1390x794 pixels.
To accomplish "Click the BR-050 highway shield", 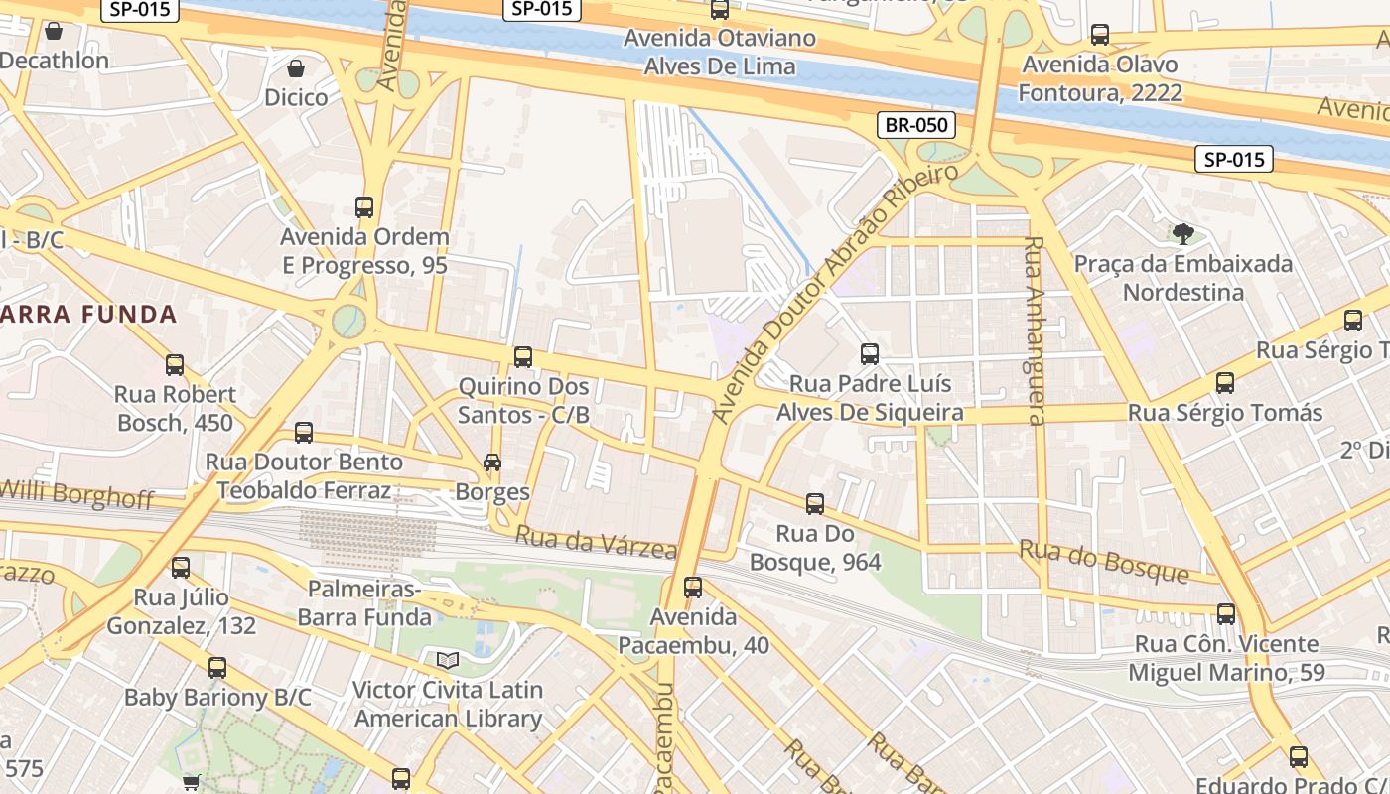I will click(916, 125).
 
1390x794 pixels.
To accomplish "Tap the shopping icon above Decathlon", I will click(54, 31).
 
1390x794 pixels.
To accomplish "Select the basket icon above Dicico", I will click(296, 68).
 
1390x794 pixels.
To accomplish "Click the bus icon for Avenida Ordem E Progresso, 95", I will click(364, 207).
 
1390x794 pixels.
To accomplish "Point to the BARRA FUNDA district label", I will click(88, 315).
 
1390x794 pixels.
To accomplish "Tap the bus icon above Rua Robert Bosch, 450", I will click(175, 364).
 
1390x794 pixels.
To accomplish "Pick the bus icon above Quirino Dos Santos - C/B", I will click(523, 356).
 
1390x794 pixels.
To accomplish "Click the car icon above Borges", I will click(491, 462).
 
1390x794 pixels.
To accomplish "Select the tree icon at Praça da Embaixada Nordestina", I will click(1182, 234).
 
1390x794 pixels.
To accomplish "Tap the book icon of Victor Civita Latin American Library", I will click(448, 660).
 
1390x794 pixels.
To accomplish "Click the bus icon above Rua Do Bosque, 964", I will click(815, 504).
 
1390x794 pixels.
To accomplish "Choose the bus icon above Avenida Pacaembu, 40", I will click(693, 588).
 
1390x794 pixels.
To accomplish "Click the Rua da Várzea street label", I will click(596, 542).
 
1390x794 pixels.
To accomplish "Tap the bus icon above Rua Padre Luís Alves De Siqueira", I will click(870, 354).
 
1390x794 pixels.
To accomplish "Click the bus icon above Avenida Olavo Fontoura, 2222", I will click(1100, 35).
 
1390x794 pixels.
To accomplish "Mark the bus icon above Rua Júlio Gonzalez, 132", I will click(181, 568).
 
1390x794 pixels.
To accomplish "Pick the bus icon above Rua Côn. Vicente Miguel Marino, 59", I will click(1226, 614).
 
